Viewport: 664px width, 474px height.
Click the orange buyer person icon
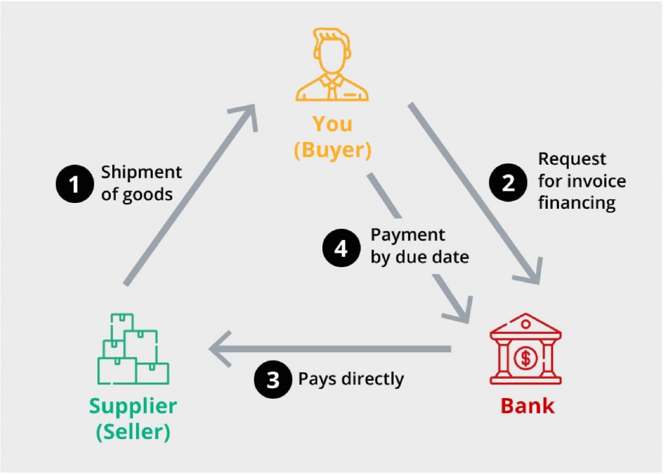tap(331, 64)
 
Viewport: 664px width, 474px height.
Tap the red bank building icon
tap(526, 350)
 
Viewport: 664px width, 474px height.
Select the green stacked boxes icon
tap(133, 350)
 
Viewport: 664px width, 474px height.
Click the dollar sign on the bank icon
tap(525, 357)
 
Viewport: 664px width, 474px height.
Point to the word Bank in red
tap(527, 407)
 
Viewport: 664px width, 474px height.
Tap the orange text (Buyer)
tap(333, 150)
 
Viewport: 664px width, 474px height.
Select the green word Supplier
tap(133, 407)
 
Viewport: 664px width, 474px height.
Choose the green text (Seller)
tap(133, 433)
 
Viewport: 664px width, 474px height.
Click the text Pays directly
tap(351, 379)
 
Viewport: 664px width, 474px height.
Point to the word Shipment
tap(141, 172)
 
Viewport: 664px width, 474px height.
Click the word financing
tap(576, 202)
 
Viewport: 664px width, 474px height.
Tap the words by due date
tap(419, 257)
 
